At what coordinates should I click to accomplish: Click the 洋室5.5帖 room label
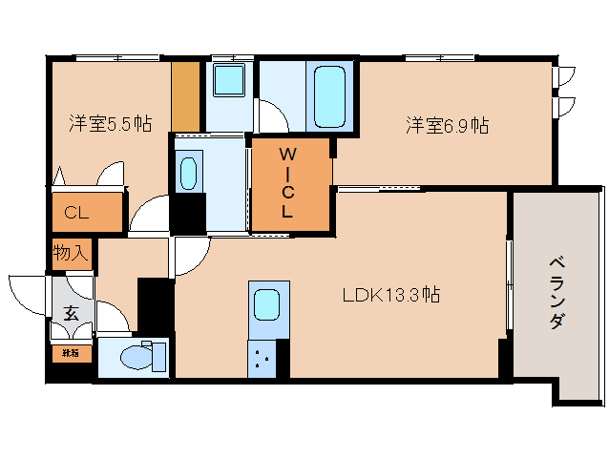pyautogui.click(x=110, y=123)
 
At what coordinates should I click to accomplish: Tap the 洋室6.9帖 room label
pyautogui.click(x=447, y=125)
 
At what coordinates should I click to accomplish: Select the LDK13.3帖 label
pyautogui.click(x=391, y=296)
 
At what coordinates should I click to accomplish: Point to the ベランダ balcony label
pyautogui.click(x=556, y=293)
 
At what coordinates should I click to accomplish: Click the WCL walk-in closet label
pyautogui.click(x=287, y=183)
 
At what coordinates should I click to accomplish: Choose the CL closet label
pyautogui.click(x=76, y=213)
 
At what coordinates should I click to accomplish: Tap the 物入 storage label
pyautogui.click(x=71, y=254)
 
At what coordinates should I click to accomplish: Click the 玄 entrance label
pyautogui.click(x=72, y=312)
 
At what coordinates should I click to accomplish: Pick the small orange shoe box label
pyautogui.click(x=72, y=352)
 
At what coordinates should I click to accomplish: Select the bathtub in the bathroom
pyautogui.click(x=329, y=95)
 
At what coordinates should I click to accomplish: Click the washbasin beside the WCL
pyautogui.click(x=188, y=173)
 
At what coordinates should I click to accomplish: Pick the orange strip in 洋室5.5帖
pyautogui.click(x=186, y=96)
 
